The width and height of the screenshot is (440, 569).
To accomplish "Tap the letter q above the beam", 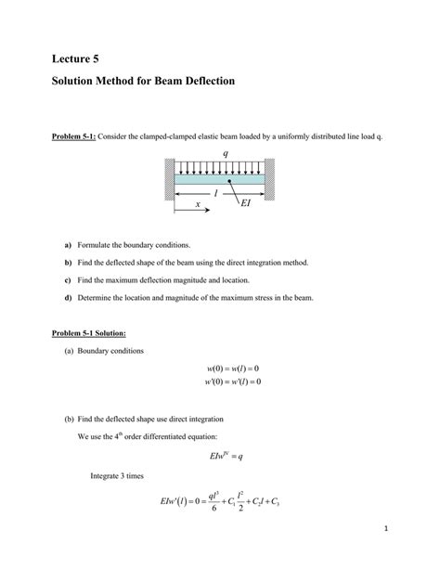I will click(225, 153).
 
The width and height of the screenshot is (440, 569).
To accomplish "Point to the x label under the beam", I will click(198, 205).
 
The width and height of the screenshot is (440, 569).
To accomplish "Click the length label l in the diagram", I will click(215, 193).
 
